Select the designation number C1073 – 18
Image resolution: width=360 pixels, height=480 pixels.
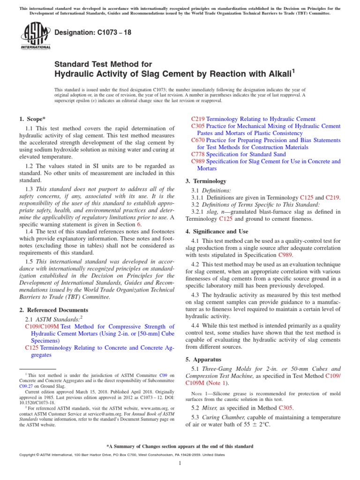tap(100, 32)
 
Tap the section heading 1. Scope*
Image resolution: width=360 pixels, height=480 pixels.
tap(32, 119)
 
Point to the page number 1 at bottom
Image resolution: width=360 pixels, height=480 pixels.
tap(180, 463)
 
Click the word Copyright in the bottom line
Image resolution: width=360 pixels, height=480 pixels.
tap(28, 455)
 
